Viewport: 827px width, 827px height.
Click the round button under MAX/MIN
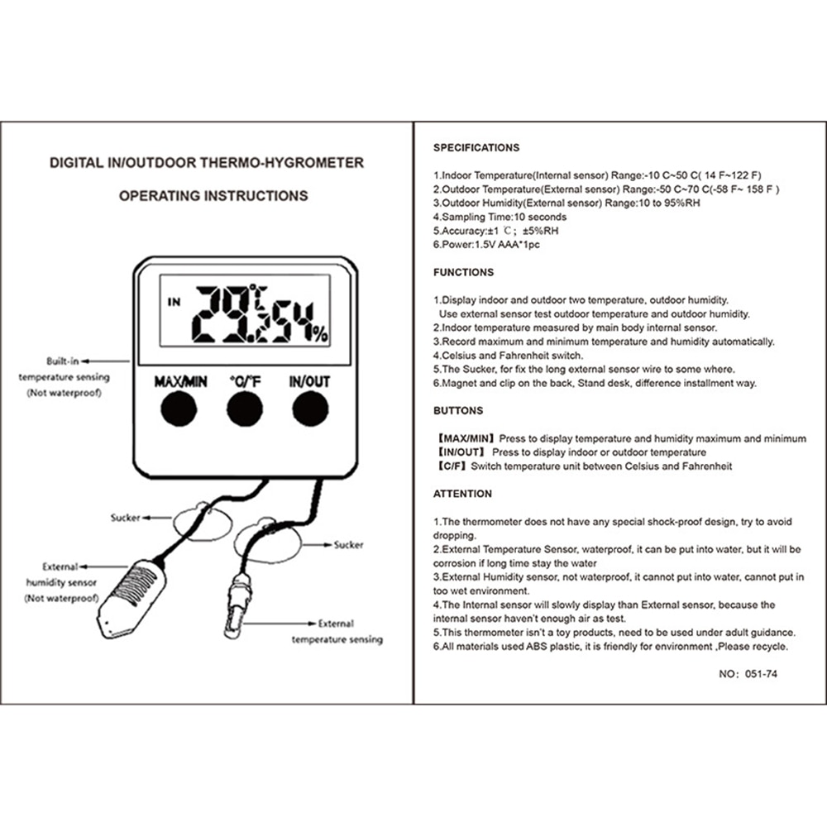(x=178, y=409)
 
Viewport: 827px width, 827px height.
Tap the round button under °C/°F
(x=246, y=409)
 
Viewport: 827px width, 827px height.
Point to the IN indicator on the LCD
(x=173, y=302)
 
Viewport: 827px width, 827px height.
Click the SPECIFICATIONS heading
(x=476, y=148)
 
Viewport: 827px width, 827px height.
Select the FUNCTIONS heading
(x=463, y=272)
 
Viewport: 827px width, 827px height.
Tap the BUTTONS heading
(x=458, y=410)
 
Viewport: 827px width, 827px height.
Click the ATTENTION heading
(x=462, y=494)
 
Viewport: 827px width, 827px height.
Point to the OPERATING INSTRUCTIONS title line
(x=213, y=196)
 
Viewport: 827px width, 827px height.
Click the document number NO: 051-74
(x=748, y=674)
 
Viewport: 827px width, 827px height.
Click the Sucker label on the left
(x=125, y=518)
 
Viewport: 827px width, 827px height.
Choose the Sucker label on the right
(x=348, y=545)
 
